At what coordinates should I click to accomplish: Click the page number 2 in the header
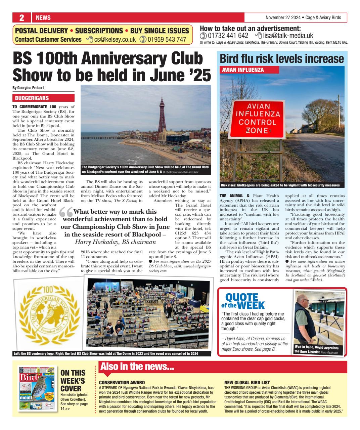21,17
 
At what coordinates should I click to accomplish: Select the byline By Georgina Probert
28,88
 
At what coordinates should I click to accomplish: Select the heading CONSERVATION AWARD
122,382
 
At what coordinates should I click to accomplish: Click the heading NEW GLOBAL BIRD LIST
247,382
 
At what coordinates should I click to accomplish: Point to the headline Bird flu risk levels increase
282,59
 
